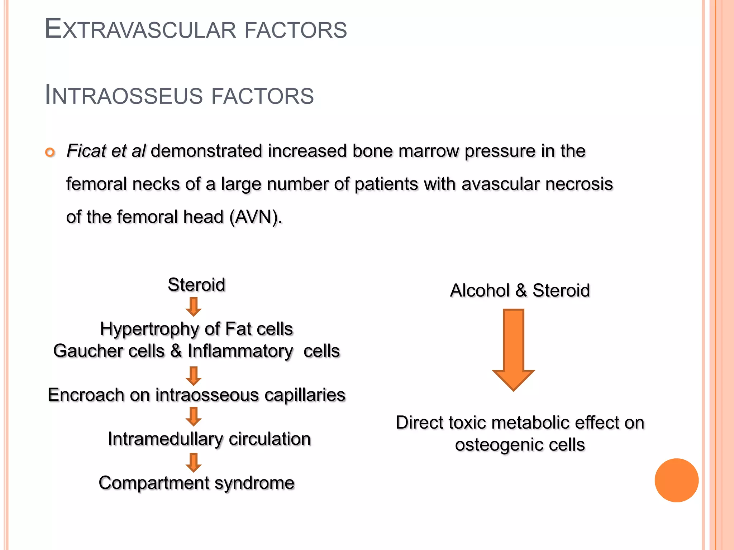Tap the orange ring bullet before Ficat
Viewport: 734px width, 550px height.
[x=50, y=153]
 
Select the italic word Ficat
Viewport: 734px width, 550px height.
[x=86, y=151]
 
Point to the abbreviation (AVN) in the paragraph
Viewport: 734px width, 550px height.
[x=256, y=217]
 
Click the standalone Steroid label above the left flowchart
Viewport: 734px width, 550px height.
[x=196, y=285]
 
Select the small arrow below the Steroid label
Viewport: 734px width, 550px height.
[x=194, y=307]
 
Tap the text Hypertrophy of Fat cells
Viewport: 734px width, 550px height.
[x=196, y=329]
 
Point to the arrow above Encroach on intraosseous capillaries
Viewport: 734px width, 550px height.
[x=194, y=376]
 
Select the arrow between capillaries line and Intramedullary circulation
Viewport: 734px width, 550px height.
[x=194, y=416]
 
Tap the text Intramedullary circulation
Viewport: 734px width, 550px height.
[x=209, y=439]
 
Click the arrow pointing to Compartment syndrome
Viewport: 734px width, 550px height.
[x=194, y=463]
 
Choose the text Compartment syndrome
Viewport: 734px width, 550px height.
[x=196, y=483]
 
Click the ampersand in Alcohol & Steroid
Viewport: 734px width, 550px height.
[x=521, y=290]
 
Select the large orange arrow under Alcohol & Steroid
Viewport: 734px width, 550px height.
[x=514, y=349]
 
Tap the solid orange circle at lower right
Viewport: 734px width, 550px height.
[x=676, y=480]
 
